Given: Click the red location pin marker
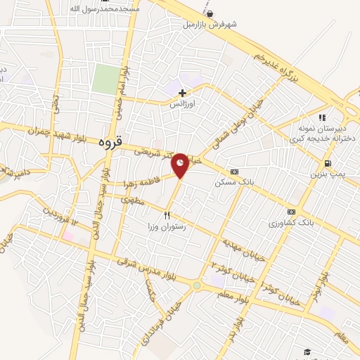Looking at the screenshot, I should [x=181, y=164].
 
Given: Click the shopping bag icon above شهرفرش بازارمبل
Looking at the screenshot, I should [x=210, y=13].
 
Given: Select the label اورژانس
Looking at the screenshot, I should [x=181, y=103].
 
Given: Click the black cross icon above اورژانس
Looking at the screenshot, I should [x=182, y=92].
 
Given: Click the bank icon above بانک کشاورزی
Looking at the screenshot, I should [x=290, y=211].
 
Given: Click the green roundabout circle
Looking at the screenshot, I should [x=196, y=285].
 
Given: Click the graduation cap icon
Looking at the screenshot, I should [x=307, y=352].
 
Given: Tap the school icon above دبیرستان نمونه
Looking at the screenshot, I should [x=322, y=117].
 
